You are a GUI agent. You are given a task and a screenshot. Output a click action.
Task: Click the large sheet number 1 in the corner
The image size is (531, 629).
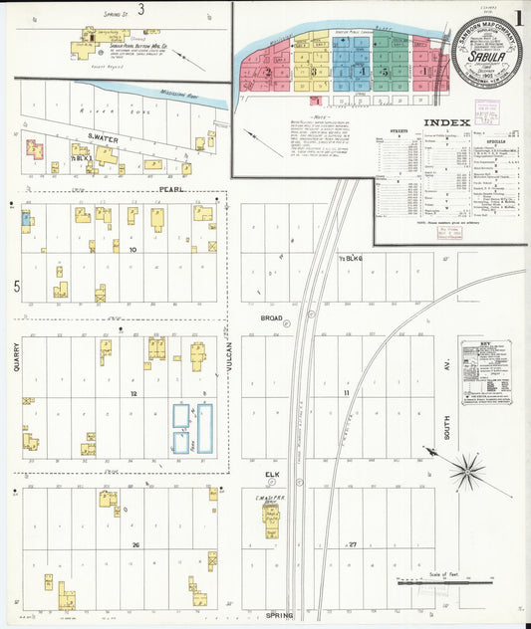pyautogui.click(x=519, y=17)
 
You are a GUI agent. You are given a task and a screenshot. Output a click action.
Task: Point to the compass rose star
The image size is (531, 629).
pyautogui.click(x=466, y=470)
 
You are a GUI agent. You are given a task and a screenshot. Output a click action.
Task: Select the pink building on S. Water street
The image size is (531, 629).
pyautogui.click(x=34, y=149)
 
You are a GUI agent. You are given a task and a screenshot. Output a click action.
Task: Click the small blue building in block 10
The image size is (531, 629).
pyautogui.click(x=26, y=219)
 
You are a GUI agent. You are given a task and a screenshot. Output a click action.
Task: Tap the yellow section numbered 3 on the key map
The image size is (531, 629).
pyautogui.click(x=313, y=71)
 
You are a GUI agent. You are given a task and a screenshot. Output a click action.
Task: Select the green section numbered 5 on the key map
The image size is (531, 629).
pyautogui.click(x=384, y=73)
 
